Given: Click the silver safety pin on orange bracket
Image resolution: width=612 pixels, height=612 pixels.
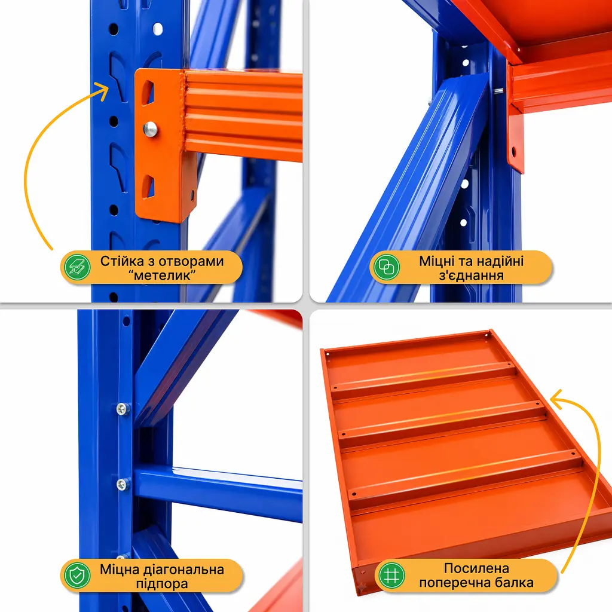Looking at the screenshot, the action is pyautogui.click(x=150, y=129).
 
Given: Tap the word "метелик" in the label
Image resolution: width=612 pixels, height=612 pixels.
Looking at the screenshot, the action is pyautogui.click(x=163, y=276).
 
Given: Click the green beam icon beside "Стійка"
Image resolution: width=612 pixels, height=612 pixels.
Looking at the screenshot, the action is pyautogui.click(x=77, y=267).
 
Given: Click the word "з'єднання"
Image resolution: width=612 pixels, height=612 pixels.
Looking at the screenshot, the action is pyautogui.click(x=471, y=276).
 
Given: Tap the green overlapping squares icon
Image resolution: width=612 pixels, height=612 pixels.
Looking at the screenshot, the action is pyautogui.click(x=387, y=267).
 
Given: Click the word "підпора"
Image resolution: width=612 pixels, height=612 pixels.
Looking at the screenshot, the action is pyautogui.click(x=162, y=584).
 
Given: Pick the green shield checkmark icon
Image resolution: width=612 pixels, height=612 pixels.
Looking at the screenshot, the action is pyautogui.click(x=77, y=576).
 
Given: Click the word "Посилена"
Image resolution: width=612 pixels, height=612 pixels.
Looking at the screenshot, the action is pyautogui.click(x=476, y=568).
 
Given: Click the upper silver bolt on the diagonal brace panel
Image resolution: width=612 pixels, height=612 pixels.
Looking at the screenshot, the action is pyautogui.click(x=123, y=409).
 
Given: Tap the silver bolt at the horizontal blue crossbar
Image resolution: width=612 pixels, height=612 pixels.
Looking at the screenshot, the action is pyautogui.click(x=123, y=484).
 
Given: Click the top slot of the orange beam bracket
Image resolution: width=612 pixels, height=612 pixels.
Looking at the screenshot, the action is pyautogui.click(x=147, y=92).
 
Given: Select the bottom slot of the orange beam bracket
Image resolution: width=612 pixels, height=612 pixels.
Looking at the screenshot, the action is pyautogui.click(x=148, y=187).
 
